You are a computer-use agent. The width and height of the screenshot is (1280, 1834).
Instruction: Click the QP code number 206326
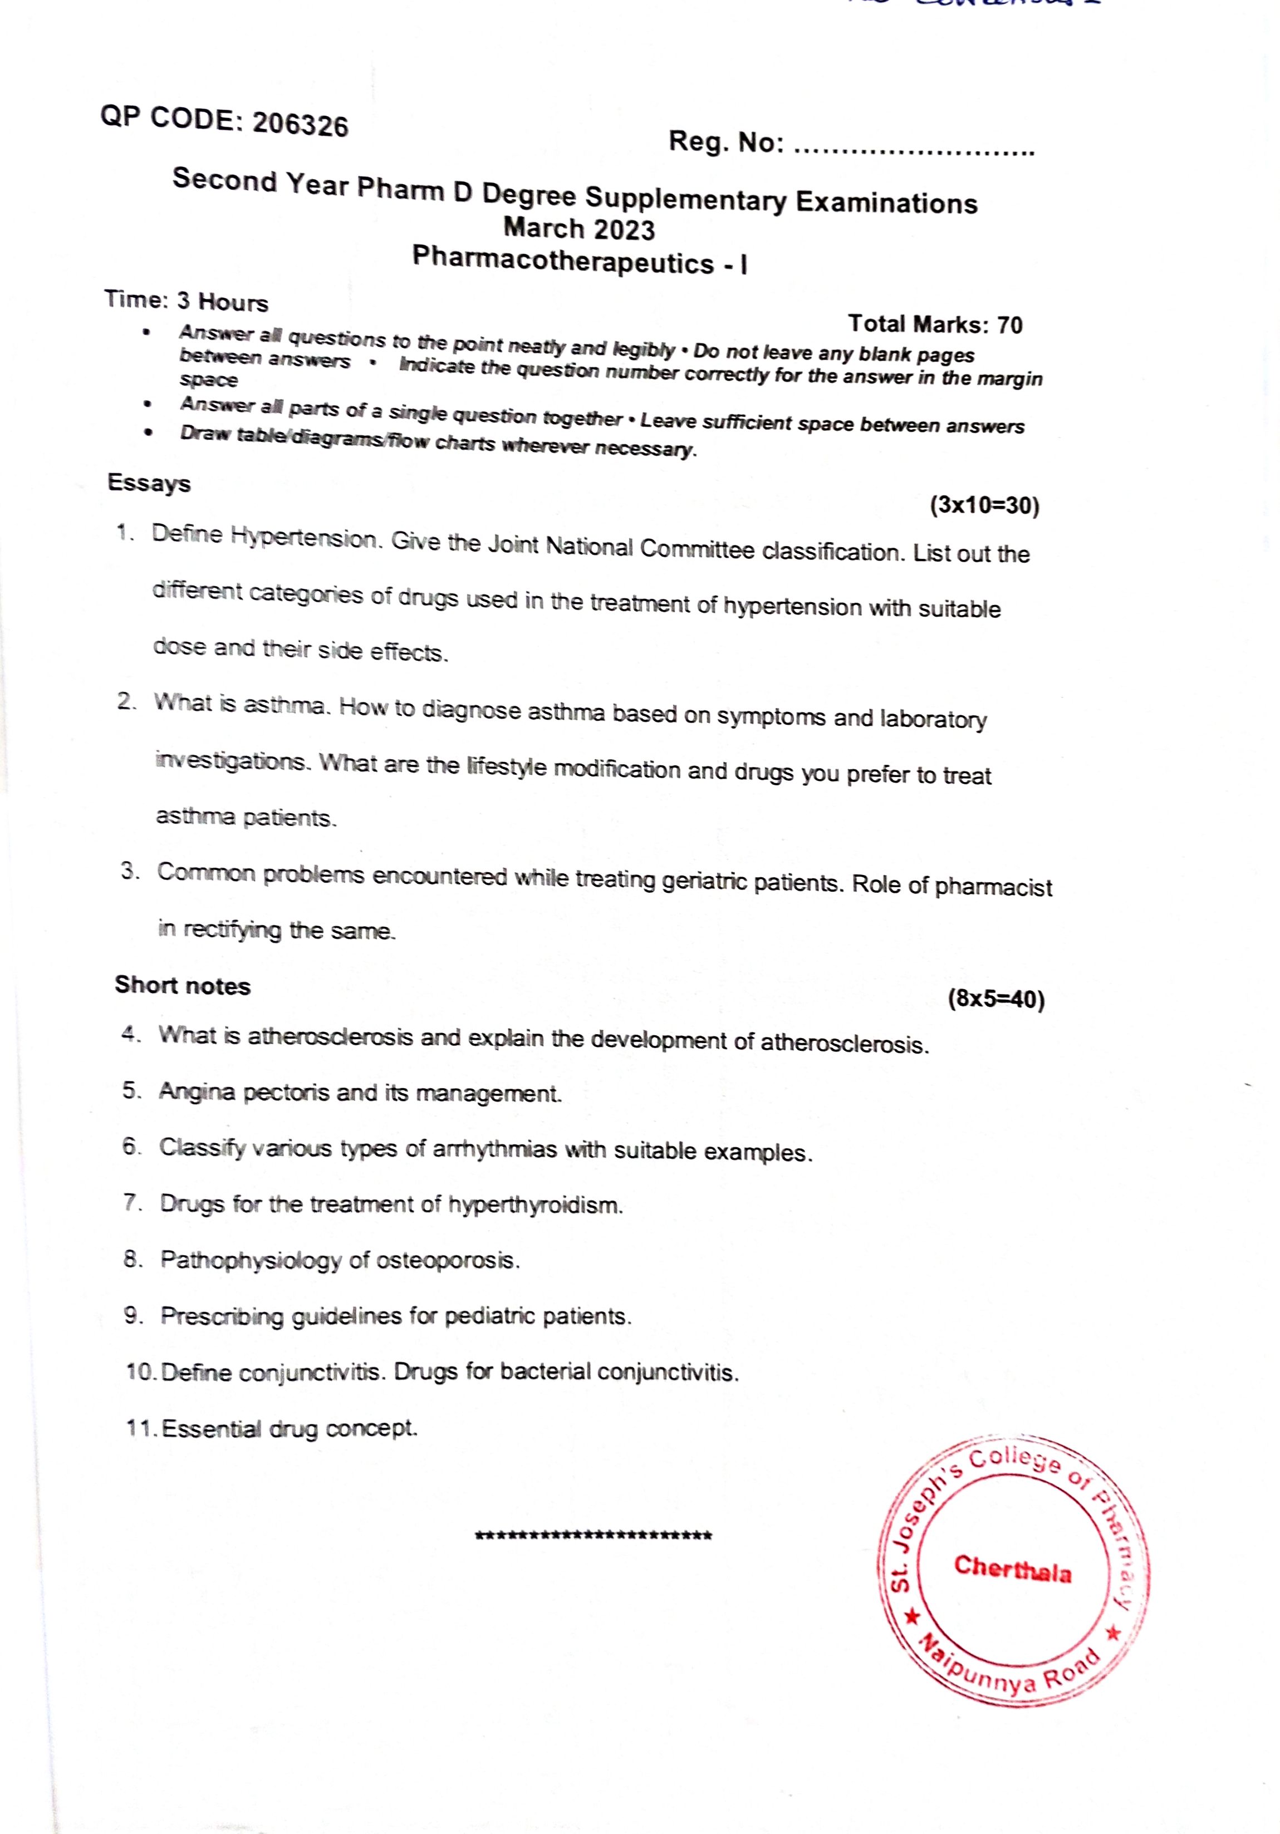tap(301, 125)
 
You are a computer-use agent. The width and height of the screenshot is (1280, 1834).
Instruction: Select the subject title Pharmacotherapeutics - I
tap(579, 261)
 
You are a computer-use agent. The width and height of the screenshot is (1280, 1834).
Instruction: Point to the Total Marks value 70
tap(1010, 325)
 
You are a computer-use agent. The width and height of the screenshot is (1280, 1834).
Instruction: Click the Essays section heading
tap(149, 483)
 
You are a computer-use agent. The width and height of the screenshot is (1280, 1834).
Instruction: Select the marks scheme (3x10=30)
tap(984, 505)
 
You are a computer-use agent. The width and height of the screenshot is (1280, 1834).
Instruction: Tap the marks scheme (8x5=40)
tap(995, 999)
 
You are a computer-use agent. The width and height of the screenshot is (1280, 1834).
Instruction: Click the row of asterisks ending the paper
tap(593, 1535)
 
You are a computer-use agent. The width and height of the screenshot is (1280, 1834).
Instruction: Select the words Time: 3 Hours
tap(185, 301)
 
